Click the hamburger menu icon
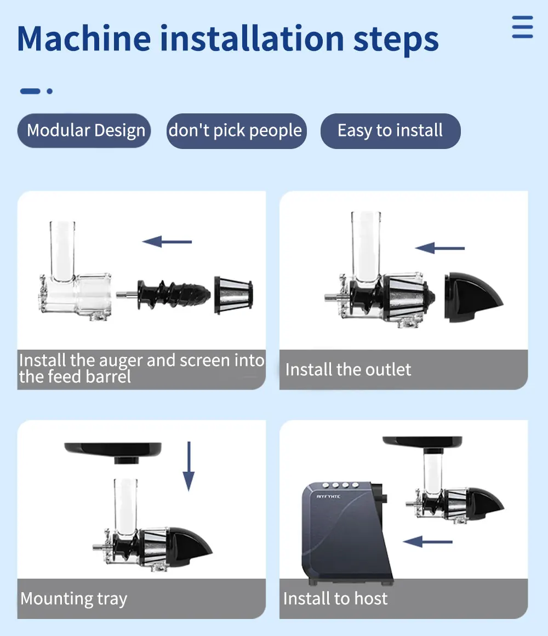(522, 27)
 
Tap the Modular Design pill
(84, 130)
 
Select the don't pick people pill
(236, 130)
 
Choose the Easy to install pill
(390, 130)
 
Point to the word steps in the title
(396, 41)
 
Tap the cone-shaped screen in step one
(233, 295)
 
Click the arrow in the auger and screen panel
(167, 242)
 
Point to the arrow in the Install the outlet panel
(439, 248)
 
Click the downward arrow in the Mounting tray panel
(189, 466)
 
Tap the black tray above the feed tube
(113, 451)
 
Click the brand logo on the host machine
(328, 496)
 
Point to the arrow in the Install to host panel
(427, 541)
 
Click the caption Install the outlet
(348, 370)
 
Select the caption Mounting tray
(74, 599)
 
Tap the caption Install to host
(335, 598)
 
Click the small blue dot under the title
(49, 91)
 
